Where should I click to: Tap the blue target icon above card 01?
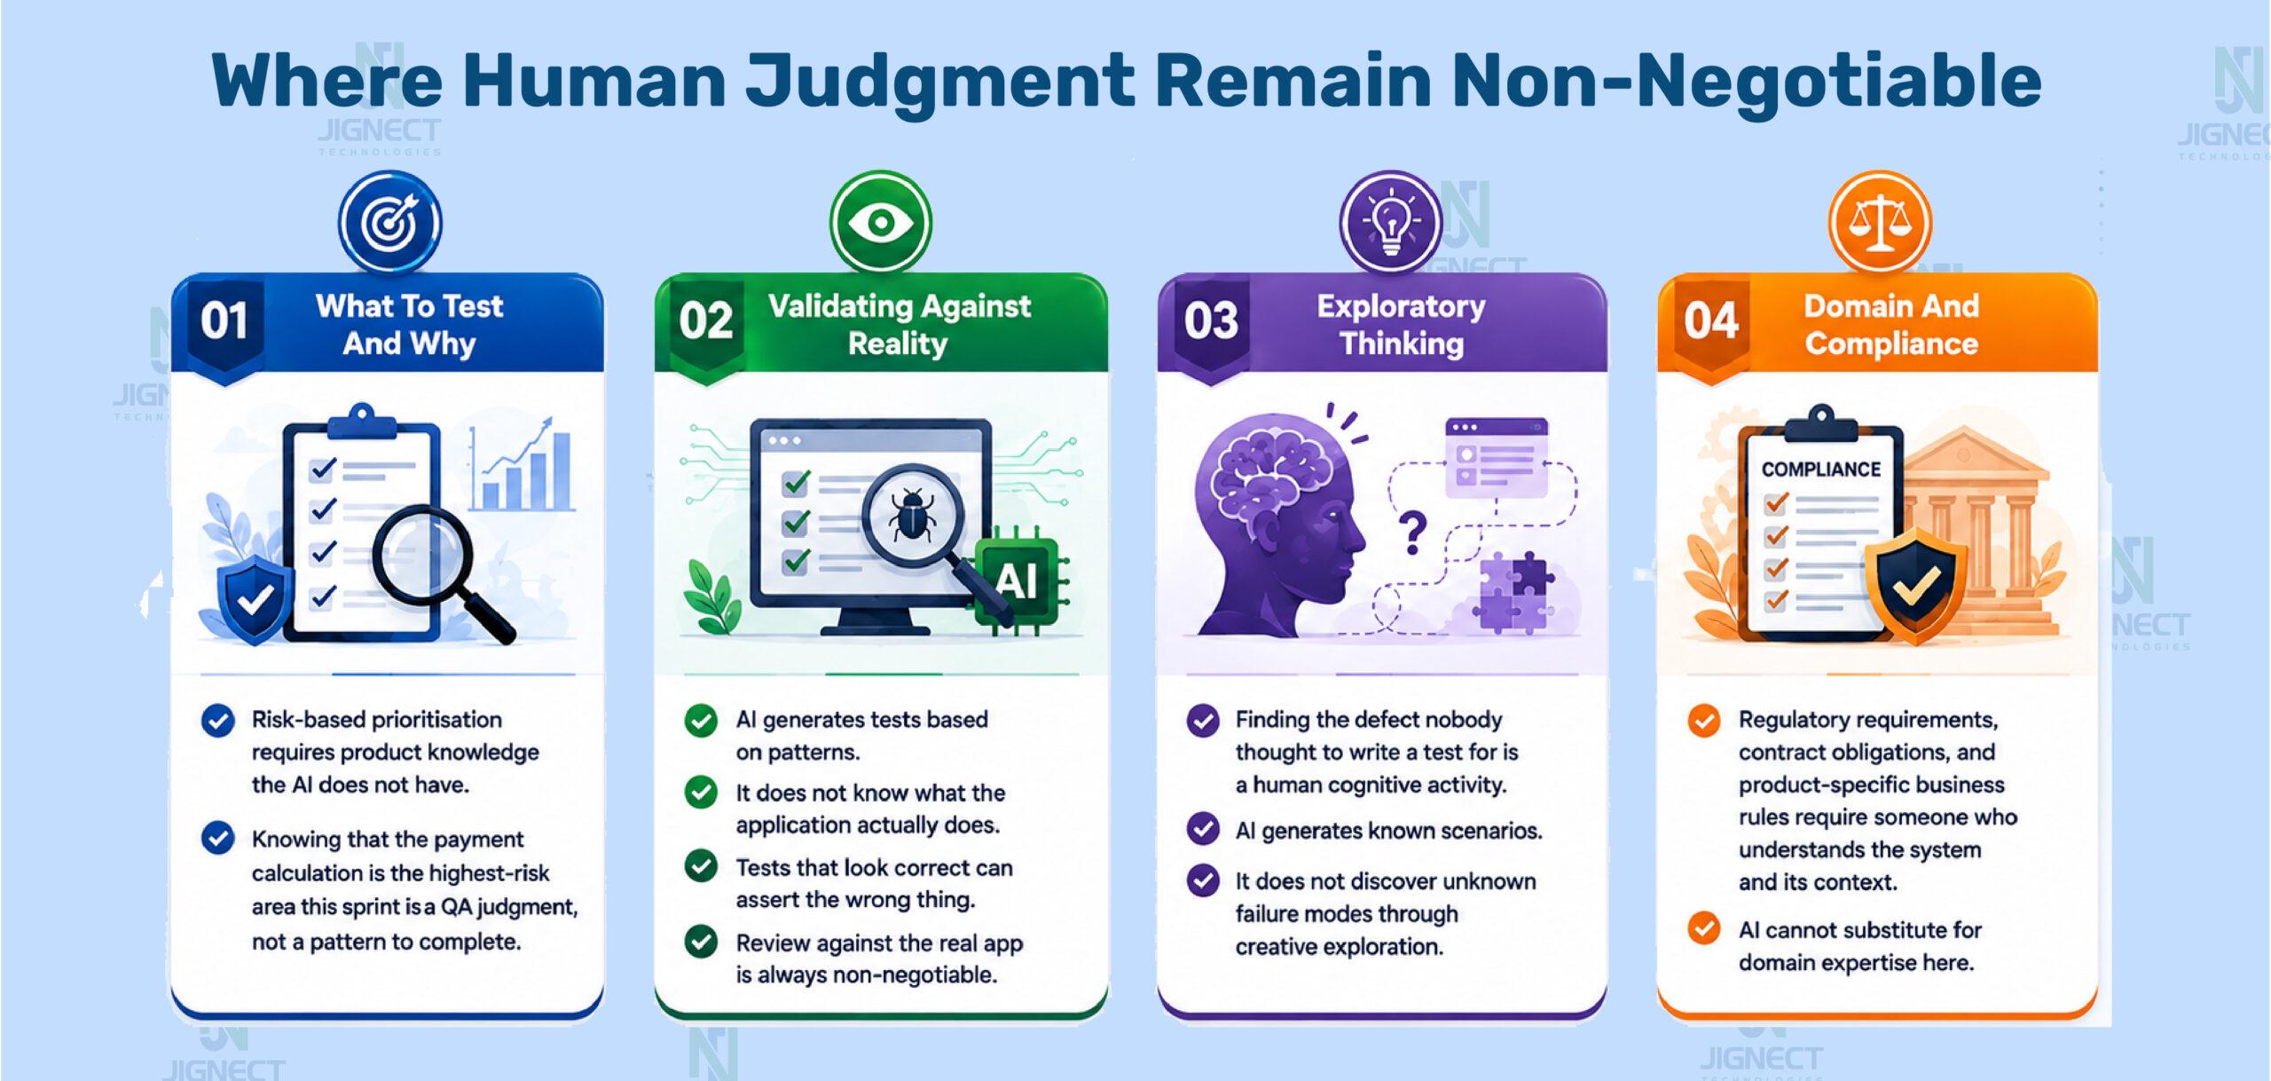point(389,222)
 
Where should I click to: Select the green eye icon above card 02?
point(880,222)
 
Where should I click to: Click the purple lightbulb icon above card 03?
point(1389,222)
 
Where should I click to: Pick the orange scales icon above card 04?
point(1880,222)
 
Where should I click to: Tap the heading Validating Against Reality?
point(899,325)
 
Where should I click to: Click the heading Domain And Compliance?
point(1891,325)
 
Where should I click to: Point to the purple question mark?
point(1411,533)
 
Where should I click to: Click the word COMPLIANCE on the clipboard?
point(1820,469)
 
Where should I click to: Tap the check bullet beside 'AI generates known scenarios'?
point(1203,829)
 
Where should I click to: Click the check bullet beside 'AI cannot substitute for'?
point(1703,929)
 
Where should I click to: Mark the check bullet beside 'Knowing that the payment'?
point(218,838)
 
